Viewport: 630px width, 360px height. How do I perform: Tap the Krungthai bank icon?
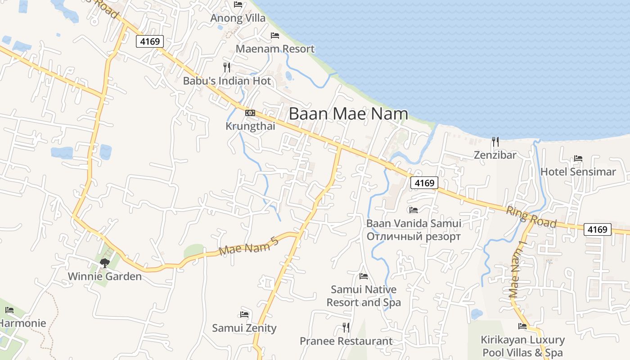coord(250,112)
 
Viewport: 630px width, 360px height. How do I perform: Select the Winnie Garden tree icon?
coord(105,263)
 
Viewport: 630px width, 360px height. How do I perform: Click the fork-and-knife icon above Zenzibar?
coord(495,142)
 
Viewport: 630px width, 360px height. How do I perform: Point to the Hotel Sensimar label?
coord(578,171)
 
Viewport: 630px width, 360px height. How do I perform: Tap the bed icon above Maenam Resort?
coord(274,35)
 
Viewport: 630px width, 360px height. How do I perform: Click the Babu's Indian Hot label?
coord(227,81)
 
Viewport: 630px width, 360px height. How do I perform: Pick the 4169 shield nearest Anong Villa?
coord(149,41)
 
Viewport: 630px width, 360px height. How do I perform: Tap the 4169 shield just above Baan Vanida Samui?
coord(424,183)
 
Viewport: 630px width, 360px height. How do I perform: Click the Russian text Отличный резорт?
coord(414,236)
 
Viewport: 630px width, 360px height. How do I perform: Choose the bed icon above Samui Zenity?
coord(244,314)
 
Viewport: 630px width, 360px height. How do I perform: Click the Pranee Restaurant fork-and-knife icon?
coord(346,327)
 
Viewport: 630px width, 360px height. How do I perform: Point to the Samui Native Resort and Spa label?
coord(364,296)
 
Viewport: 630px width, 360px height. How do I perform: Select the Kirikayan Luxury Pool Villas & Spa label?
coord(522,346)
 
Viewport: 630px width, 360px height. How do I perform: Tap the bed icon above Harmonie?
coord(9,310)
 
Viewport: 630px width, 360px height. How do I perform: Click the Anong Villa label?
coord(238,18)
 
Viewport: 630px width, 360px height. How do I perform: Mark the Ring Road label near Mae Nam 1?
coord(531,217)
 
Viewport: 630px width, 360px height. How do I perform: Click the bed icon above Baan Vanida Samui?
coord(413,210)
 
